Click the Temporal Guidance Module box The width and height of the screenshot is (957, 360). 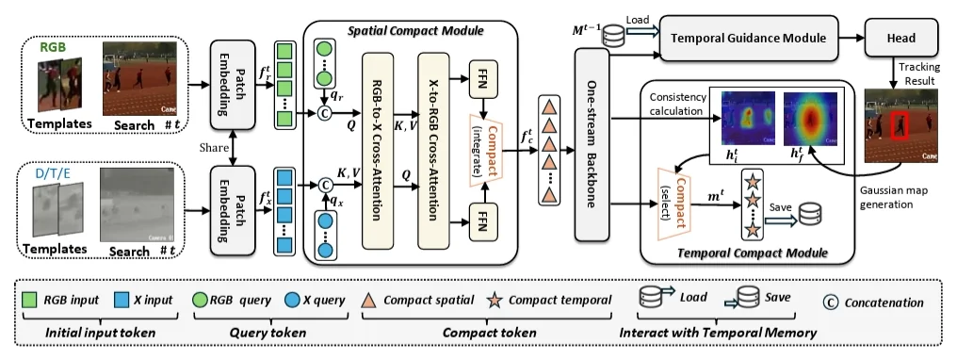(748, 39)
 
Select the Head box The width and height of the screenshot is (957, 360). (900, 39)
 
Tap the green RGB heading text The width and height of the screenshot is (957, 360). (53, 48)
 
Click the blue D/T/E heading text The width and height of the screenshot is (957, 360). (53, 174)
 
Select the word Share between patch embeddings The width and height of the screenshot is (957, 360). (214, 148)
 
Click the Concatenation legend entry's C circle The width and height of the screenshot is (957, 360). (831, 302)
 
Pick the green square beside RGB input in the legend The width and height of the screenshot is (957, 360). (29, 301)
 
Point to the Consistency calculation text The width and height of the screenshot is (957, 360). (677, 104)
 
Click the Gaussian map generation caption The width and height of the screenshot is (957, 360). (894, 197)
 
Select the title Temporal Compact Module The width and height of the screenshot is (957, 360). (753, 253)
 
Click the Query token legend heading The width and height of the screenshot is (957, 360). (268, 333)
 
